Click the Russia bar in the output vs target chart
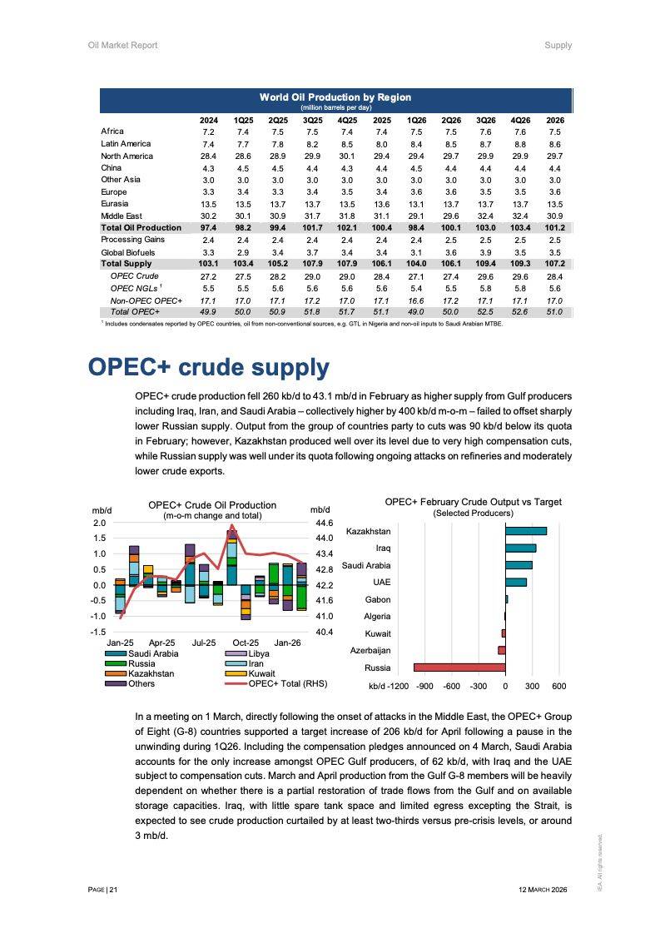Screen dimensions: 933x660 459,667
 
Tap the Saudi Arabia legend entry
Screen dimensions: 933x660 153,653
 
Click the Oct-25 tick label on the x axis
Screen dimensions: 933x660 246,643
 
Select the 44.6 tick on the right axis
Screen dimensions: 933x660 323,523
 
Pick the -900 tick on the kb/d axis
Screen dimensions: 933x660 424,687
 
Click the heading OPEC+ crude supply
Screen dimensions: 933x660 208,368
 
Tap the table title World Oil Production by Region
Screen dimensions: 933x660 335,97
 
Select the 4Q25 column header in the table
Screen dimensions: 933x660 347,120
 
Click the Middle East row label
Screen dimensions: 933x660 122,216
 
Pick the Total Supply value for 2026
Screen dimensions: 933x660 554,263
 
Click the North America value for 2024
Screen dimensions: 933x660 208,156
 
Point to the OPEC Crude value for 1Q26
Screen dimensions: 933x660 416,275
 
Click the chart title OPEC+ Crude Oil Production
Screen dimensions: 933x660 212,504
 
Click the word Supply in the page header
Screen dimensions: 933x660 558,45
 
